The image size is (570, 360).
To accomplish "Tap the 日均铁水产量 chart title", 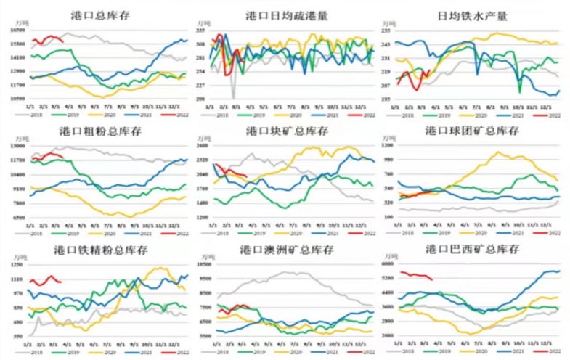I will pos(473,15).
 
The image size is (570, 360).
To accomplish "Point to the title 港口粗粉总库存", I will pos(101,131).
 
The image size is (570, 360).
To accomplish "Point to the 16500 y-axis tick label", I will pos(18,30).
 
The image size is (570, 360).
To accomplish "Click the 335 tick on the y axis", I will pos(201,31).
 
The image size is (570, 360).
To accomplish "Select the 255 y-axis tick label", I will pos(386,30).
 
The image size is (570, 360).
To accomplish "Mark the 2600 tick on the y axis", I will pos(201,146).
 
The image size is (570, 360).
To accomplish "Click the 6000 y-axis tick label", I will pos(386,264).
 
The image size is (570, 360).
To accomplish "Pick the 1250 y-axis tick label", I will pos(18,264).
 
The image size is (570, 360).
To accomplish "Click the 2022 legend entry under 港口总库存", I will pos(182,115).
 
